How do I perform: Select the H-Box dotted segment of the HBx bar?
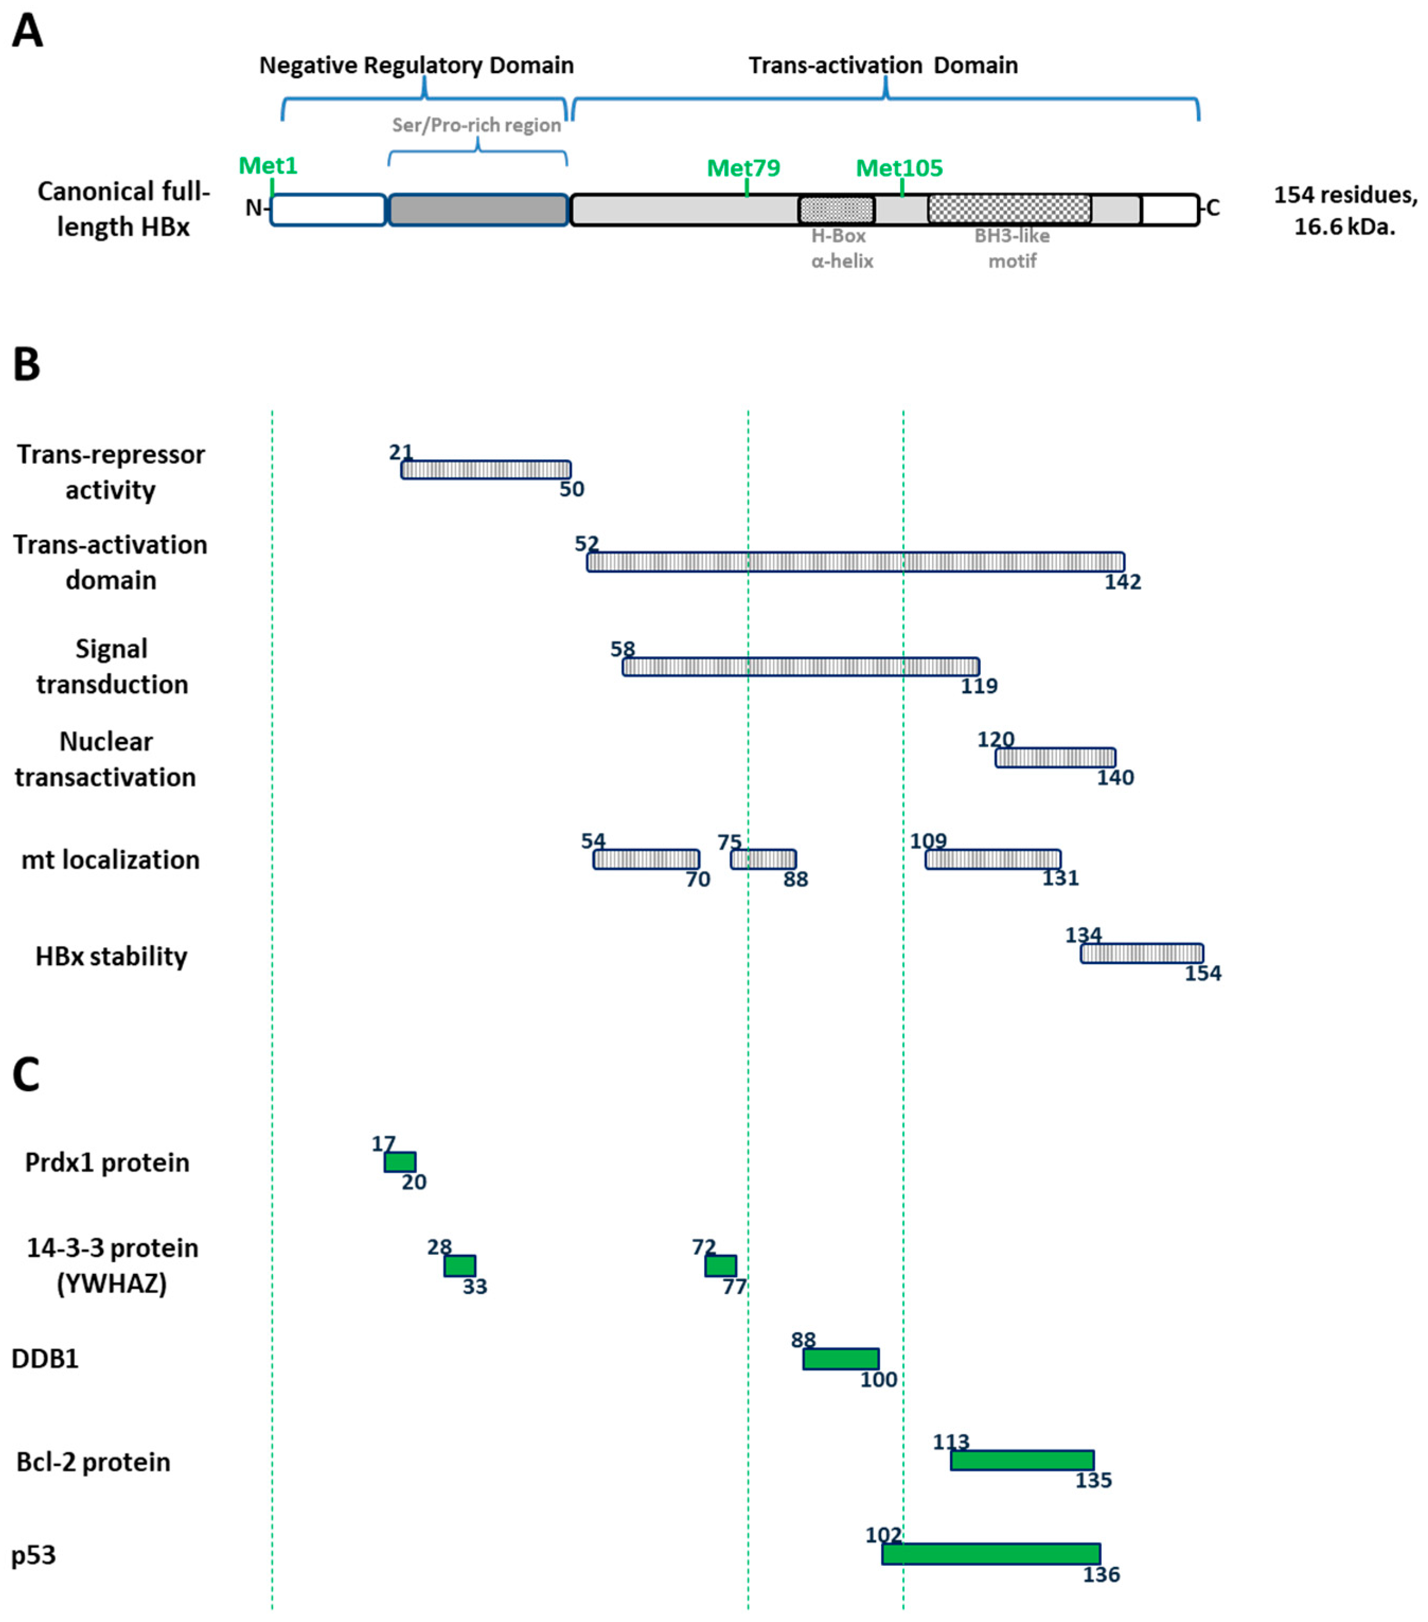coord(836,209)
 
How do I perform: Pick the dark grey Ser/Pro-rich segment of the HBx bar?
coord(478,209)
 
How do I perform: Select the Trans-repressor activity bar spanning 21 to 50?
coord(486,470)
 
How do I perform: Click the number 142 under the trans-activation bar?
coord(1122,582)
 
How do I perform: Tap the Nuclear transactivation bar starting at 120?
coord(1055,758)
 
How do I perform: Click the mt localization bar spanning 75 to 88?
coord(763,859)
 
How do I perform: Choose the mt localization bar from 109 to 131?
coord(992,859)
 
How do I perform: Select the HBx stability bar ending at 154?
coord(1141,953)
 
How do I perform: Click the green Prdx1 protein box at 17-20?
coord(400,1162)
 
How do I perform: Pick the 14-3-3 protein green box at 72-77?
coord(720,1265)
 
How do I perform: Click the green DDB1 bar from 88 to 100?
coord(840,1359)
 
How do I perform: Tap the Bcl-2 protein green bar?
coord(1022,1459)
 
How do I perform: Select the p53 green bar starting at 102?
coord(991,1554)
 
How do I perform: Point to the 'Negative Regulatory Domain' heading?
coord(416,65)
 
